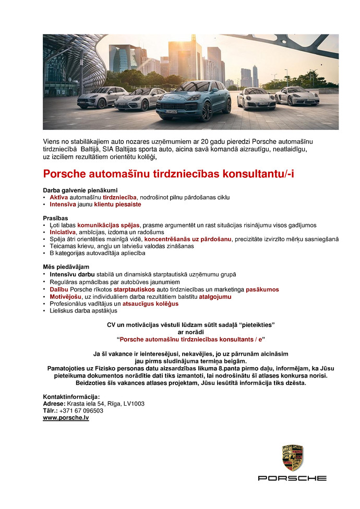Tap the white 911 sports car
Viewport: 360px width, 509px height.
click(256, 99)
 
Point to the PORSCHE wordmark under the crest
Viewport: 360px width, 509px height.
click(293, 478)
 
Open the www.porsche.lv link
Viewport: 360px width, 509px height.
click(66, 418)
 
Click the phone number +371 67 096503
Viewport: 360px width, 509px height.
click(81, 410)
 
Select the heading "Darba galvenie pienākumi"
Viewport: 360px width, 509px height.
click(80, 190)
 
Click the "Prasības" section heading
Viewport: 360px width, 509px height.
click(56, 217)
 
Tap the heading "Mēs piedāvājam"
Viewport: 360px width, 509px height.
click(66, 266)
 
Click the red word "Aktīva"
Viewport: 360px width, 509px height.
click(59, 197)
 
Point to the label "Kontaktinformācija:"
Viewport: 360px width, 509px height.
click(71, 396)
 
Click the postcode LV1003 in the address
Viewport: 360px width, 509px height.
click(133, 403)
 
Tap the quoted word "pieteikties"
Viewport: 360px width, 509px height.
click(257, 324)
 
